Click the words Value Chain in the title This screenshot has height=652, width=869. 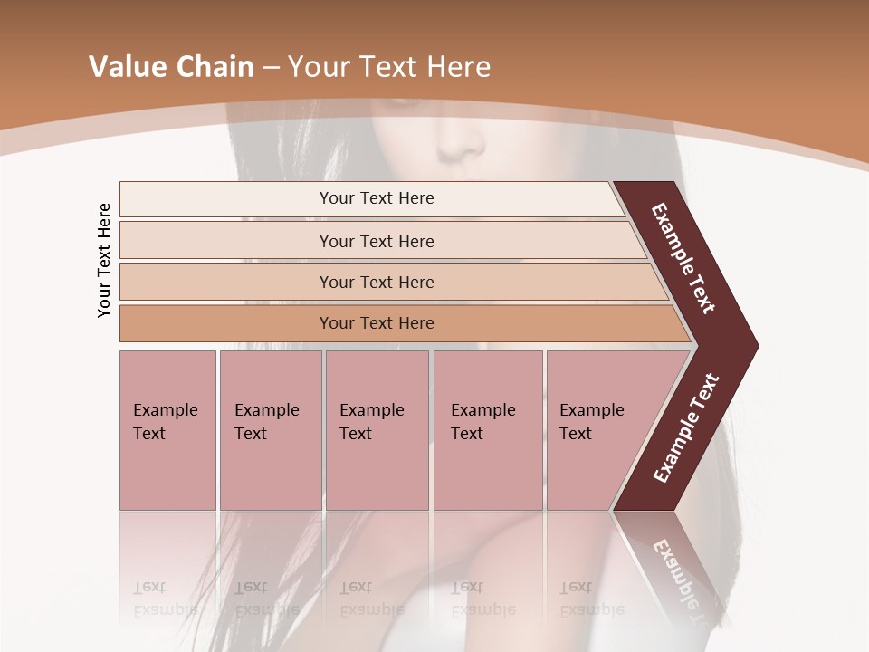(x=171, y=67)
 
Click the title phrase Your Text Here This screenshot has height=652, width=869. (x=389, y=67)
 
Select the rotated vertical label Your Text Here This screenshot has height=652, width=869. (x=104, y=260)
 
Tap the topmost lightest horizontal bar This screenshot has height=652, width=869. (x=376, y=198)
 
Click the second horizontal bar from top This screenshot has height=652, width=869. (x=376, y=241)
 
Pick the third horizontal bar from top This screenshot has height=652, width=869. (x=376, y=282)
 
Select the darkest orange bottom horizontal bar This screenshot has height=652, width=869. (x=376, y=323)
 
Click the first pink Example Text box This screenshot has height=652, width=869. (x=167, y=430)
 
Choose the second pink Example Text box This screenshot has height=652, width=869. (x=270, y=430)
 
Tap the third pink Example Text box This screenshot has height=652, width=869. (x=376, y=430)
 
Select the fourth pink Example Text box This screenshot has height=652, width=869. (x=487, y=430)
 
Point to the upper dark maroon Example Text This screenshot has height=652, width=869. (x=684, y=258)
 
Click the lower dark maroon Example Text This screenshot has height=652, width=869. (x=686, y=427)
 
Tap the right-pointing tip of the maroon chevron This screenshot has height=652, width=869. (x=753, y=346)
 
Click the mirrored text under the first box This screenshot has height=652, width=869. (x=164, y=598)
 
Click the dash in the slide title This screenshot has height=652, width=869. (x=271, y=68)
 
